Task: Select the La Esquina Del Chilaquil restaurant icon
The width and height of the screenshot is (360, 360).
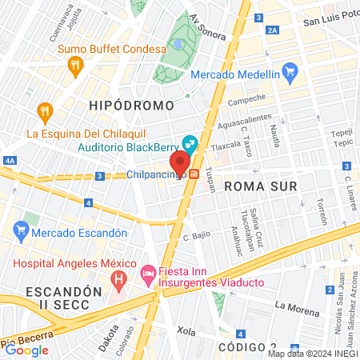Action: [45, 110]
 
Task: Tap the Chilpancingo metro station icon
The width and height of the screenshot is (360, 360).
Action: [194, 174]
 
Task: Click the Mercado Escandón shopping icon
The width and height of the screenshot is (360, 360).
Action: [22, 233]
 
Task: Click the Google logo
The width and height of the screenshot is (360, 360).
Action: [26, 350]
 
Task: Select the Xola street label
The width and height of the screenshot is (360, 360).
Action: [186, 330]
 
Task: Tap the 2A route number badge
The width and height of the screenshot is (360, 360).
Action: [273, 30]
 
